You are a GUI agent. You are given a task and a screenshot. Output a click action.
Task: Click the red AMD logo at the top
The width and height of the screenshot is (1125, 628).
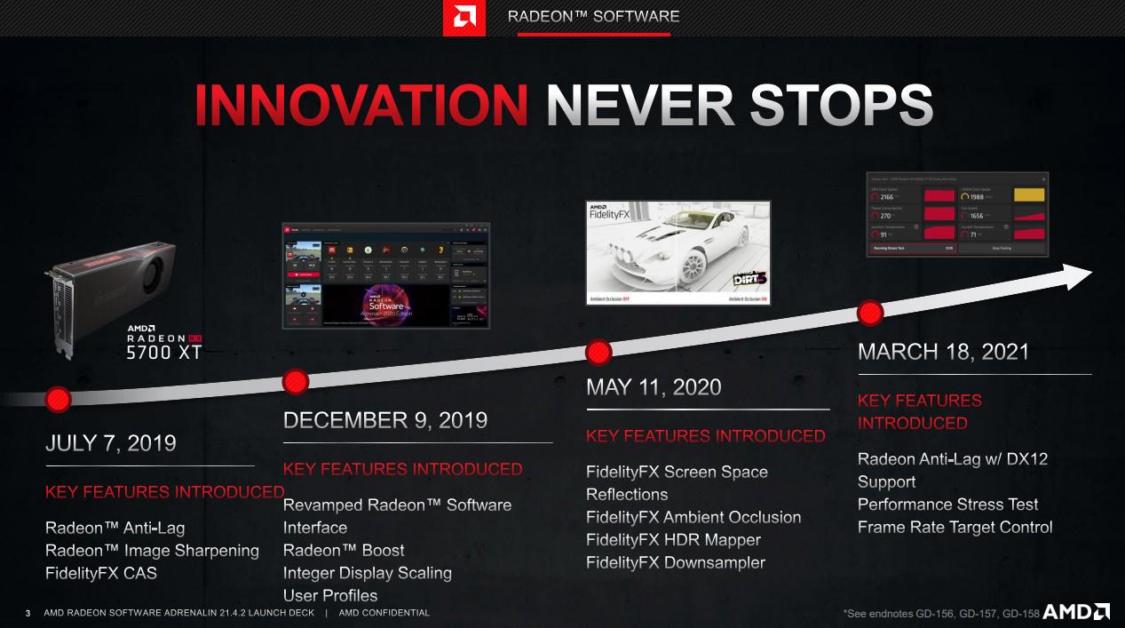tap(463, 18)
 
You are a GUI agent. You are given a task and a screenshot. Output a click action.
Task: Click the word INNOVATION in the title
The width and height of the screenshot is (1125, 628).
tap(361, 106)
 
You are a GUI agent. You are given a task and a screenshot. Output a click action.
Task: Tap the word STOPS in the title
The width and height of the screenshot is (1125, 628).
tap(841, 106)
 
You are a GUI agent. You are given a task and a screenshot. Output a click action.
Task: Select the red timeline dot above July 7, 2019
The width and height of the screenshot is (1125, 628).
tap(59, 398)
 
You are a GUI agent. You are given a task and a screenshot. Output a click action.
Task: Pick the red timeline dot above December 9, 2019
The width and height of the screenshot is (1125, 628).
tap(296, 382)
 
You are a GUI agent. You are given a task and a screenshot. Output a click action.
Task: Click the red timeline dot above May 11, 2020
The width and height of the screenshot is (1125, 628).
tap(598, 352)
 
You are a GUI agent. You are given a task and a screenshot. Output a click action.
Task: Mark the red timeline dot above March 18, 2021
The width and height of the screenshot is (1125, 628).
tap(870, 313)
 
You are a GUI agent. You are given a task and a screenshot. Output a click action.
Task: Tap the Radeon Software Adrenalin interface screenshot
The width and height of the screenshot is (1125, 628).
tap(385, 275)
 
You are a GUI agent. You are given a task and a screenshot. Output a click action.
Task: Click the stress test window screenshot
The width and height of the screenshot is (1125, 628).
tap(957, 214)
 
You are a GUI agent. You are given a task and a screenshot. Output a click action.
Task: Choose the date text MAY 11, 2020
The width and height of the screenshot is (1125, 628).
tap(654, 387)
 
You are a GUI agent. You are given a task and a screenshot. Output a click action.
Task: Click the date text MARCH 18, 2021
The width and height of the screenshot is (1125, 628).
tap(943, 352)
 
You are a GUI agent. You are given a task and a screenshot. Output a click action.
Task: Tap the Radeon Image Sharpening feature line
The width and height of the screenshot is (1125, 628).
tap(152, 551)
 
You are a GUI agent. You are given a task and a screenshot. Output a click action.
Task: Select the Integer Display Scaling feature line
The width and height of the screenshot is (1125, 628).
tap(367, 573)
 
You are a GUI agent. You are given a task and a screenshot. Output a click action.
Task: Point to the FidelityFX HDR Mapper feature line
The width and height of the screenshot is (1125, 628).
tap(673, 540)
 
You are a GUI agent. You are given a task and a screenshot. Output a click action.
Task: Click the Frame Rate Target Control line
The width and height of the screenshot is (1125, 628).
tap(955, 528)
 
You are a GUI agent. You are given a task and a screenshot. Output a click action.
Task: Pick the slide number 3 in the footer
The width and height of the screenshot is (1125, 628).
tap(28, 613)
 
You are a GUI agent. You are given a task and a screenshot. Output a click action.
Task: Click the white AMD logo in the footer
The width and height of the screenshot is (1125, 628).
tap(1076, 611)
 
